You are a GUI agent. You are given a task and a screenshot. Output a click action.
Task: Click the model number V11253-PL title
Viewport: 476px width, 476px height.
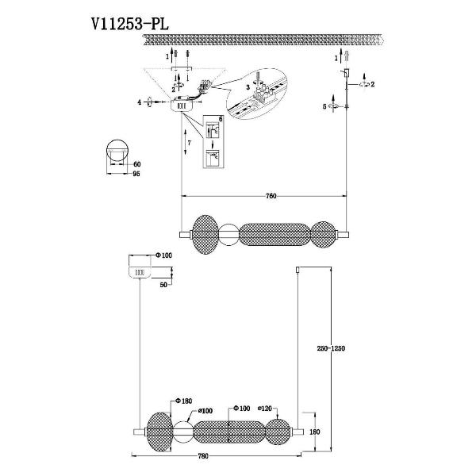pos(129,25)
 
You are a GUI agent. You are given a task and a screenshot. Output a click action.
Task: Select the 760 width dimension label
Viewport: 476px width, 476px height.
pos(271,196)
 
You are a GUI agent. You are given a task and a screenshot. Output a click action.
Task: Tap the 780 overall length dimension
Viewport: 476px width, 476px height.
pos(203,456)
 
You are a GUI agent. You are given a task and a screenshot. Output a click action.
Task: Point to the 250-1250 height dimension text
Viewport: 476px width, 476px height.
pos(331,348)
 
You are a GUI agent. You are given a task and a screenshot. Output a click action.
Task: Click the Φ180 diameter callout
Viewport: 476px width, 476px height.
pos(184,401)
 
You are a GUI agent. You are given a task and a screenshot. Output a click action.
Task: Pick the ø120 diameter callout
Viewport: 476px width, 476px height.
pos(264,409)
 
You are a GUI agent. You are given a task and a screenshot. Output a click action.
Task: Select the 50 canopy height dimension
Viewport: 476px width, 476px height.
pos(163,285)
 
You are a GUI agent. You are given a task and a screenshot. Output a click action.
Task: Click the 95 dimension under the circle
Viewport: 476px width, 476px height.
pos(136,174)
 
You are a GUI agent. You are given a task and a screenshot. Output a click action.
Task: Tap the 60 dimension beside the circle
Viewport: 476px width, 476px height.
pos(137,164)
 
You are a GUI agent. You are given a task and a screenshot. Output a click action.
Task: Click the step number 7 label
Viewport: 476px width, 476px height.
pos(189,143)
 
